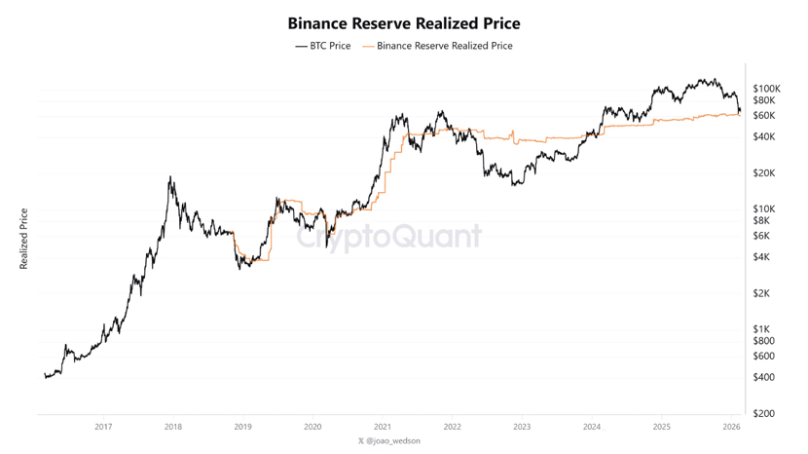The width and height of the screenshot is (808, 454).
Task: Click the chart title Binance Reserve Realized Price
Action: (x=403, y=23)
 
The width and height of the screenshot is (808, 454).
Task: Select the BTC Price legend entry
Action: (x=323, y=46)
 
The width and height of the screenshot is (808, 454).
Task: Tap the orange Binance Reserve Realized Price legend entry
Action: (x=437, y=46)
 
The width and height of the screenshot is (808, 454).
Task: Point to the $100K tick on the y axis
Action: (x=767, y=89)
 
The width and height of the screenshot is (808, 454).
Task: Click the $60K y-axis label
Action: (x=763, y=116)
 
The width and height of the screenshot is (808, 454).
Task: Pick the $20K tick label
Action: (x=763, y=173)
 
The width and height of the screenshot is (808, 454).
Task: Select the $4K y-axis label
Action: (x=761, y=257)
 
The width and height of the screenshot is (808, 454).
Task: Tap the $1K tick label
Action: (x=761, y=329)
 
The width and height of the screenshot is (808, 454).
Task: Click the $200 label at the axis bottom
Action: (x=763, y=414)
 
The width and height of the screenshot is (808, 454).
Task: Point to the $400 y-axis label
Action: (x=763, y=378)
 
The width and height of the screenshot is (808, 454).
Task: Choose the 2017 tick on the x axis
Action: (x=103, y=427)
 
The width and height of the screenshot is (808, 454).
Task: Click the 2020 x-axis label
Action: (x=312, y=427)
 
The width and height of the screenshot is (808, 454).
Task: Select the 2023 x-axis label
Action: (x=522, y=427)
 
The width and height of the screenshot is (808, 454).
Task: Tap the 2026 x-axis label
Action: (x=732, y=427)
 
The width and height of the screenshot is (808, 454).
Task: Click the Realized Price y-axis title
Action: (x=23, y=239)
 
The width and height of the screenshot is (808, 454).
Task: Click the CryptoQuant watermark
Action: (x=389, y=237)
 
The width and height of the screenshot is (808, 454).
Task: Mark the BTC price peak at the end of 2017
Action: (x=170, y=176)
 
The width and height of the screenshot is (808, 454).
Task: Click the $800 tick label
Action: (x=763, y=341)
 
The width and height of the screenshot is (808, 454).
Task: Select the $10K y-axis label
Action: (x=763, y=209)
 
